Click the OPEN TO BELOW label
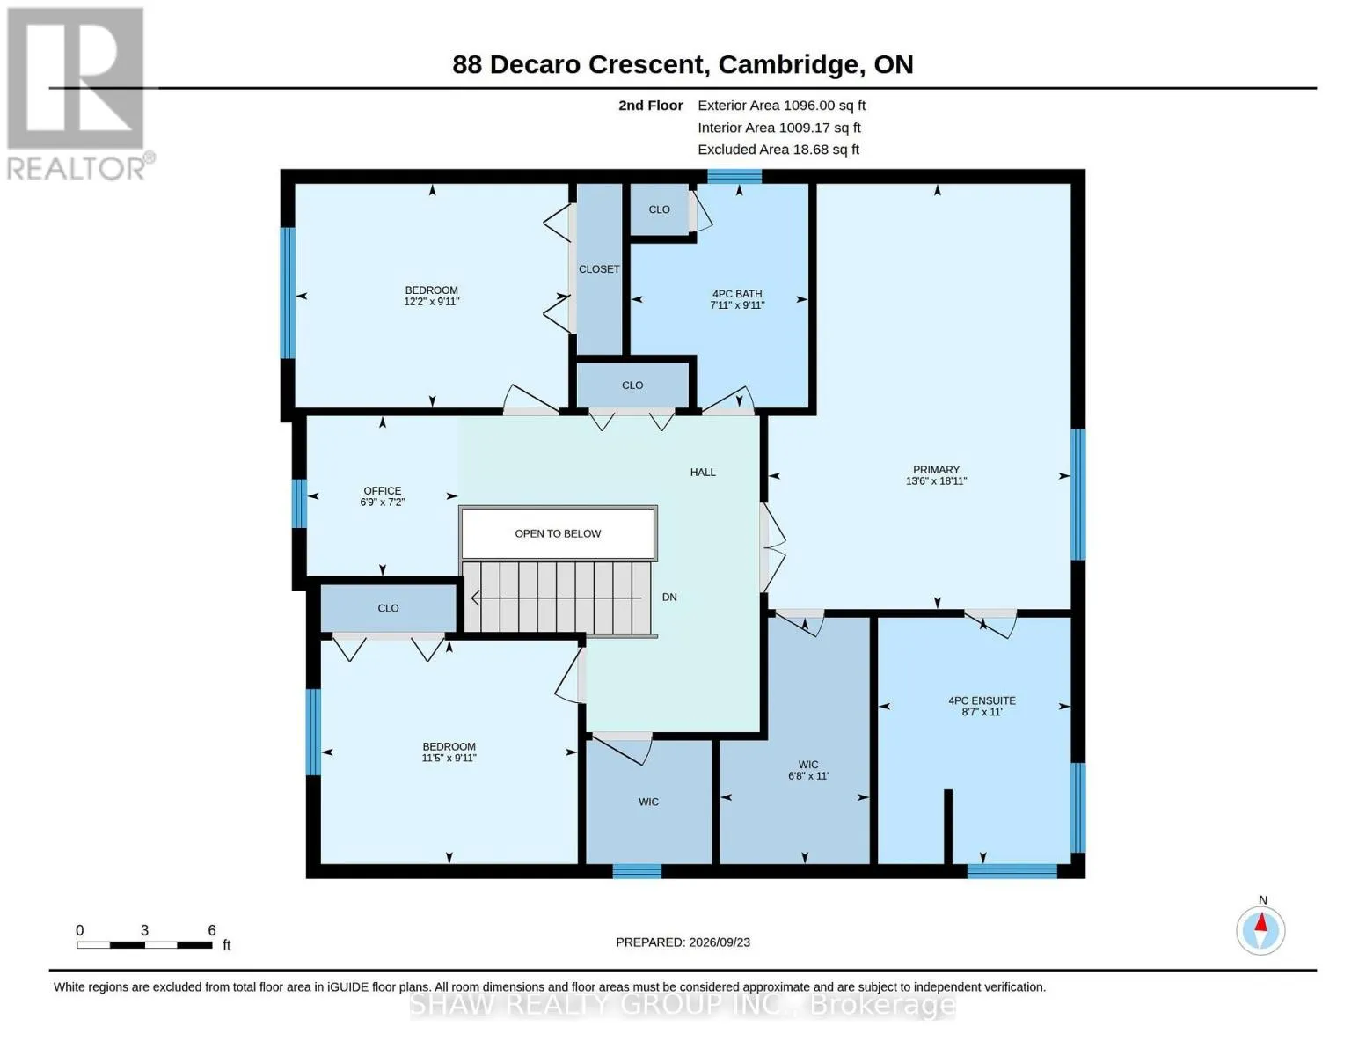click(558, 533)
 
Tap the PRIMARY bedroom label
click(936, 469)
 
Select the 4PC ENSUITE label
click(982, 700)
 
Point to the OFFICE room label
click(383, 490)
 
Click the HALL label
click(703, 473)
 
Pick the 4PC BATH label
click(737, 294)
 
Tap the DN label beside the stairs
click(669, 597)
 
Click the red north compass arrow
click(1261, 922)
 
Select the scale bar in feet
click(144, 944)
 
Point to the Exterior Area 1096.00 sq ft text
click(781, 106)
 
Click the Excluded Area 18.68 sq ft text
click(778, 150)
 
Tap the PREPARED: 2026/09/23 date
click(683, 942)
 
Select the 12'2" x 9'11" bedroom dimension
click(431, 301)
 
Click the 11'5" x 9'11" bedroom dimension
click(449, 758)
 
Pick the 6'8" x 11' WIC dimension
click(808, 776)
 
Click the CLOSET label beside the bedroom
click(599, 269)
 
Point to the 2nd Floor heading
click(650, 106)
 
